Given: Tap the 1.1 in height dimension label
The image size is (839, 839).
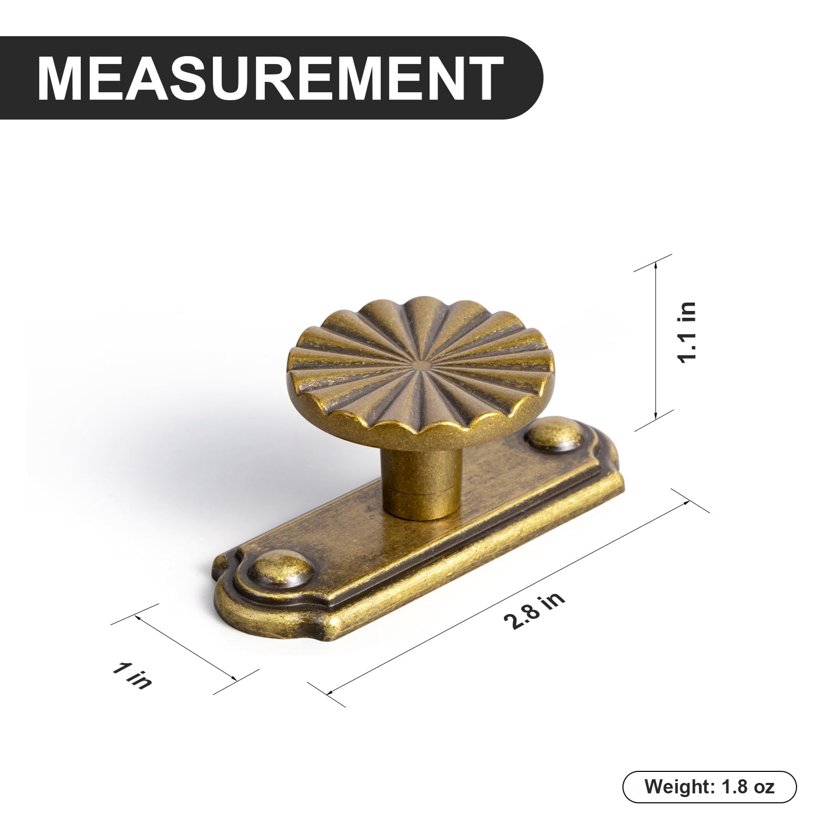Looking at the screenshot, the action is click(686, 332).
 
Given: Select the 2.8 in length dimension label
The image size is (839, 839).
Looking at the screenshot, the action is click(534, 611).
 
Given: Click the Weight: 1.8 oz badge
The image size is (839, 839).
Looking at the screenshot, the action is click(709, 787).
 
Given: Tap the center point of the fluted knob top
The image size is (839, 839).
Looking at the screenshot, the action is click(419, 362).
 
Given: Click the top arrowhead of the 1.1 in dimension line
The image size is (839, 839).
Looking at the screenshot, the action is click(655, 266).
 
